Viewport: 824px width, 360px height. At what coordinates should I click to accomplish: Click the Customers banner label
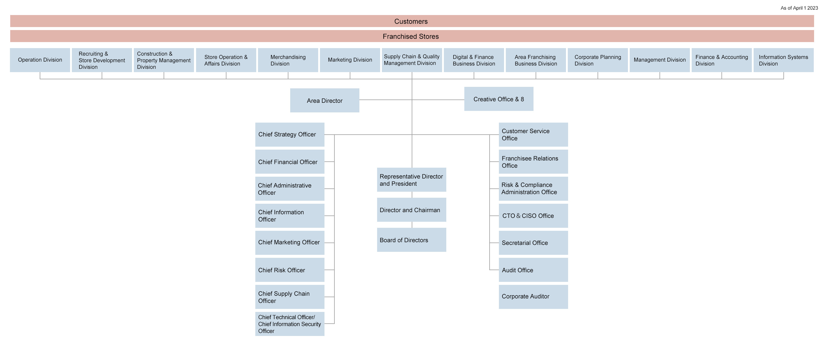click(x=411, y=21)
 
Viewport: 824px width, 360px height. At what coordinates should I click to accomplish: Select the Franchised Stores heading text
click(x=411, y=36)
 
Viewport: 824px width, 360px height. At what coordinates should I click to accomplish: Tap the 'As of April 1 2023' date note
click(x=799, y=8)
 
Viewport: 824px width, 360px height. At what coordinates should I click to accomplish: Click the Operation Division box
click(x=40, y=60)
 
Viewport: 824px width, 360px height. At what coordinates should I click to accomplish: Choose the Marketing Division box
click(x=350, y=60)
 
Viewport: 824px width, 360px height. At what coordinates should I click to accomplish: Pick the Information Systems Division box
click(x=783, y=60)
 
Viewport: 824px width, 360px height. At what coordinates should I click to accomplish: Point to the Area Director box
click(x=324, y=100)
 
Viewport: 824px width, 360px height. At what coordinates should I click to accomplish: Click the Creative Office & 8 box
click(x=498, y=99)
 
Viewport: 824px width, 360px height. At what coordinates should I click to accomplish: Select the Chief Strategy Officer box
click(x=290, y=135)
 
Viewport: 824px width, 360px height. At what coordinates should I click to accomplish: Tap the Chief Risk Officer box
click(x=290, y=270)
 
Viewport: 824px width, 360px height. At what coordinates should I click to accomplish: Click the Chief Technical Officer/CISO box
click(x=290, y=324)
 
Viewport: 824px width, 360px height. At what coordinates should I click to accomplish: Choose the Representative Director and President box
click(x=411, y=180)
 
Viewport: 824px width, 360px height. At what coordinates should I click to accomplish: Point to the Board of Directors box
click(x=411, y=240)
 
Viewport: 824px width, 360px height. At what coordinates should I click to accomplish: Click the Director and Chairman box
click(x=411, y=210)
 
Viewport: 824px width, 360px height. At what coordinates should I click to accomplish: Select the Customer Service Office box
click(x=533, y=135)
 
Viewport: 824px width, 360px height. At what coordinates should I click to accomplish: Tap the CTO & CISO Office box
click(x=533, y=216)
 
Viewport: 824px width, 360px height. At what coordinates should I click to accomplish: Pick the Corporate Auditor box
click(x=533, y=297)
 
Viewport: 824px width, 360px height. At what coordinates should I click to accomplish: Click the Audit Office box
click(x=533, y=270)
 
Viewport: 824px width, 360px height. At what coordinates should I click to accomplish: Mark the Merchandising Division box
click(x=288, y=60)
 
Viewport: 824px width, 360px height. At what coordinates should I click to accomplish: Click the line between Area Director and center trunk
click(x=386, y=100)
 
